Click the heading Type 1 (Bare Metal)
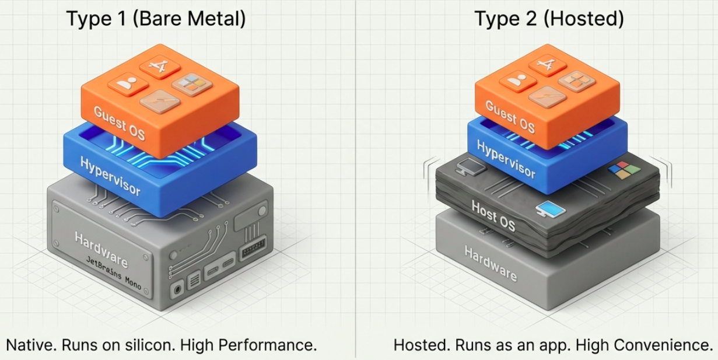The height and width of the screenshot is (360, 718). (x=156, y=19)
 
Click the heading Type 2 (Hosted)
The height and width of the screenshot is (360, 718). (x=549, y=19)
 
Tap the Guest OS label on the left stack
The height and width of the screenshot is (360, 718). (x=121, y=121)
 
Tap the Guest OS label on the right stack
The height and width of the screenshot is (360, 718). (x=510, y=116)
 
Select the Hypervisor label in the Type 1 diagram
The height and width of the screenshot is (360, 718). (x=111, y=174)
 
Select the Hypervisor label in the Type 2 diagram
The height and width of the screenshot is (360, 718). (x=506, y=159)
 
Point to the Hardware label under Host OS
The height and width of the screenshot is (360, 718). (x=491, y=263)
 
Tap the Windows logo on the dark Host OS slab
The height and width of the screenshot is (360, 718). (x=624, y=170)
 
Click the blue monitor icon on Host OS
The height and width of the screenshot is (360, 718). (x=547, y=208)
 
